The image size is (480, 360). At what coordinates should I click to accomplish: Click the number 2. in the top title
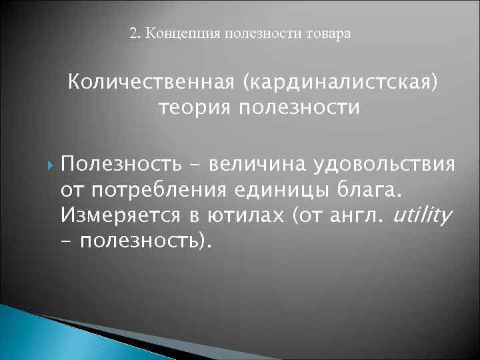134,33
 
